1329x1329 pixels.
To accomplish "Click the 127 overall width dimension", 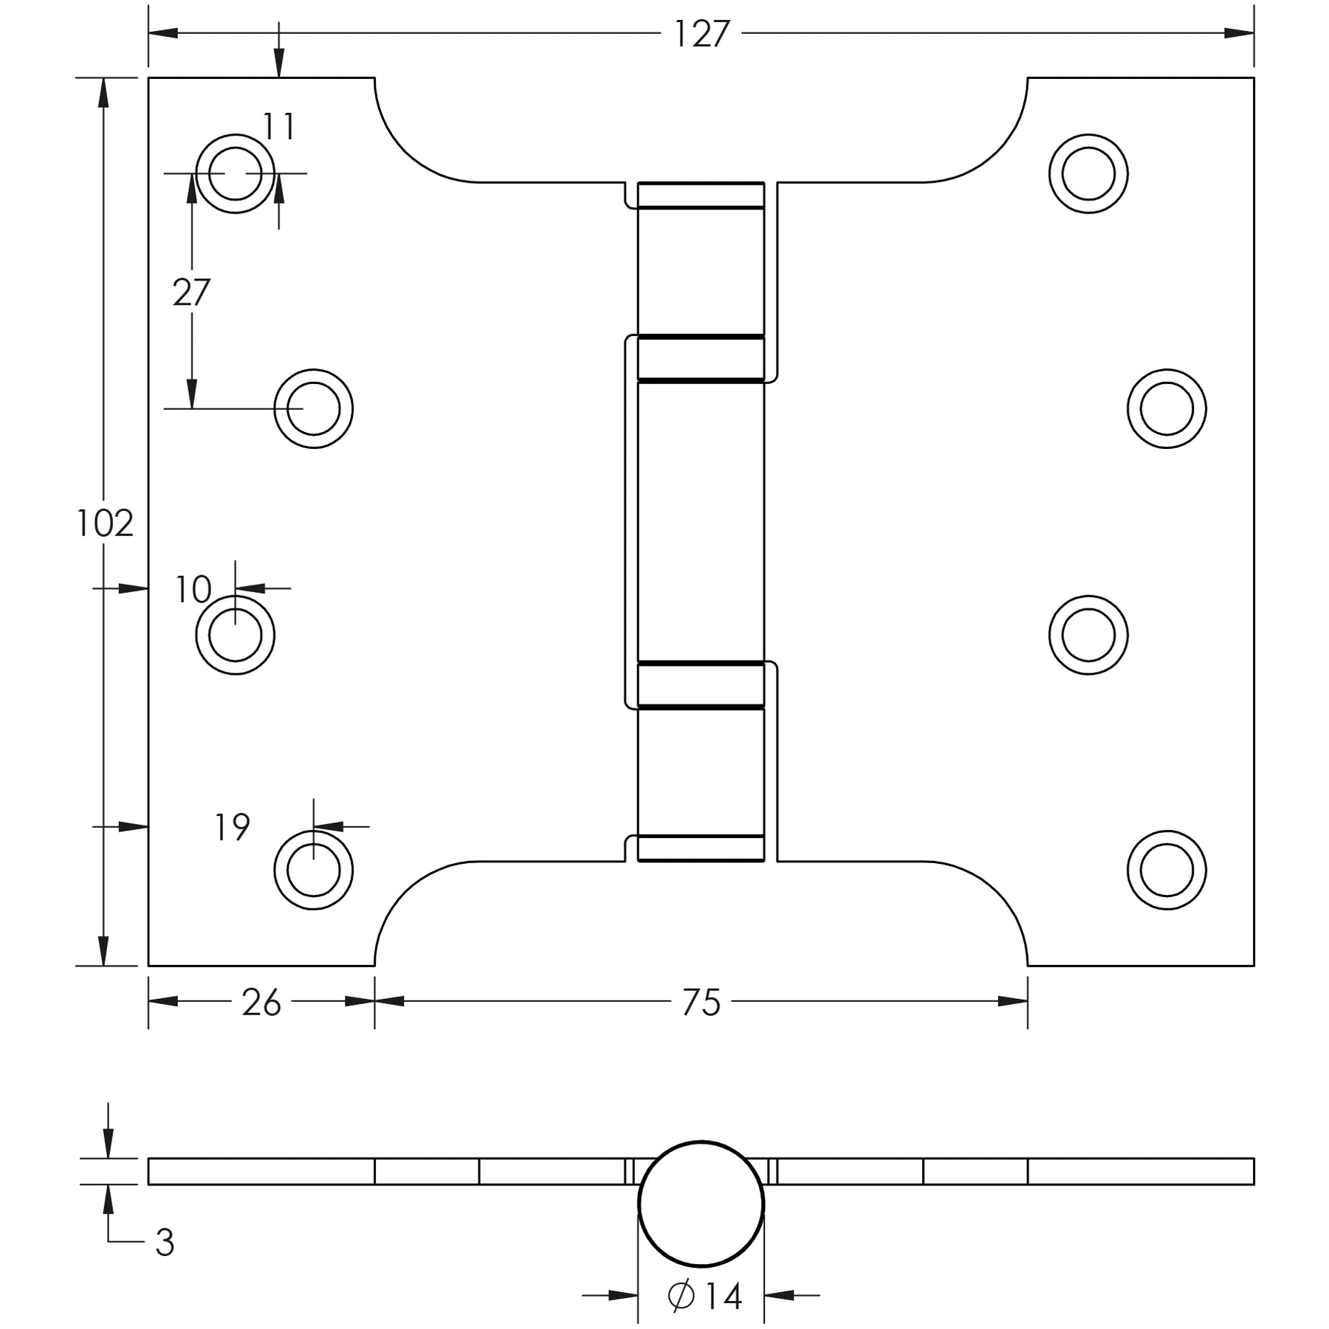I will [701, 34].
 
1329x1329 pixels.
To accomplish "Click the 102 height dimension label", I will [105, 524].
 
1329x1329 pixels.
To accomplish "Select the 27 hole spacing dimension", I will [191, 293].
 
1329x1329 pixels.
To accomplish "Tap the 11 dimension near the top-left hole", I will [279, 127].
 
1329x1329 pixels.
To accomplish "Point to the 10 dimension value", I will [193, 589].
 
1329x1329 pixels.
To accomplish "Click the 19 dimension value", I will [232, 828].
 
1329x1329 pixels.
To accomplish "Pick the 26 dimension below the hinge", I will [261, 1003].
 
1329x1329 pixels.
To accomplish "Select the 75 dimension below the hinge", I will [701, 1003].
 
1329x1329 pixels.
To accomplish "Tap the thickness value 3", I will [165, 1243].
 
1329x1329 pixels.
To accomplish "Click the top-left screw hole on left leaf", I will [235, 174].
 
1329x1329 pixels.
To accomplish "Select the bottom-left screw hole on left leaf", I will [313, 870].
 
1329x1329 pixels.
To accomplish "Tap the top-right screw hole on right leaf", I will [1088, 174].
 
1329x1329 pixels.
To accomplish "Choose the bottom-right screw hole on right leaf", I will [1167, 870].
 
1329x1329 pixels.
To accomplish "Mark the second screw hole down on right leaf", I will [1167, 408].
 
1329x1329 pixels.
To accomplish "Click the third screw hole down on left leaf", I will [235, 635].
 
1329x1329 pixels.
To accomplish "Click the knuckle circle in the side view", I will [701, 1203].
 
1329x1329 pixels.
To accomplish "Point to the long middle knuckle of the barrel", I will [701, 521].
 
